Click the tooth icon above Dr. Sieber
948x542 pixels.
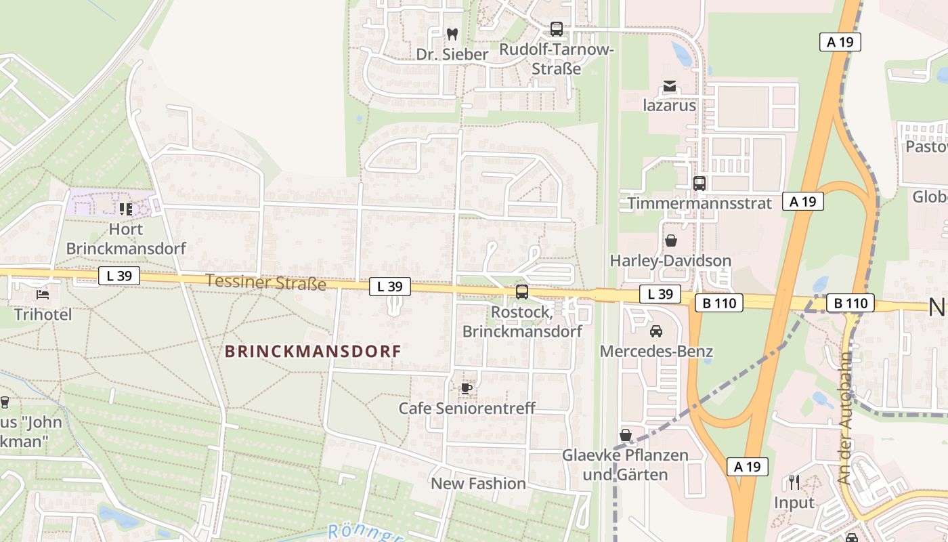coord(452,33)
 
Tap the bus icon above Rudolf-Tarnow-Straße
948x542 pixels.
coord(556,29)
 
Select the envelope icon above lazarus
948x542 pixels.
coord(670,86)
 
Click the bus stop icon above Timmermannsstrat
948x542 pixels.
coord(699,183)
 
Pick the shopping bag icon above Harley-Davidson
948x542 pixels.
coord(670,241)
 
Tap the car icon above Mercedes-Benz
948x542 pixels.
coord(655,331)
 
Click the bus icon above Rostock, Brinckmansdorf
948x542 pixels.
coord(521,292)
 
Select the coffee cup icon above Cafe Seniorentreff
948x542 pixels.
coord(466,388)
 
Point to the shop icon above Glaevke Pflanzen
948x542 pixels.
coord(626,435)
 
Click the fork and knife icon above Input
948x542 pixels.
coord(794,482)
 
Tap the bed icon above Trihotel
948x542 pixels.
coord(42,295)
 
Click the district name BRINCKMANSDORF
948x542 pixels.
coord(313,352)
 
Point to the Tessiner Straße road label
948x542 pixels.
coord(265,282)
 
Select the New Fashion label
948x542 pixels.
coord(478,484)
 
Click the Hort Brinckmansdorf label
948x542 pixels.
coord(126,238)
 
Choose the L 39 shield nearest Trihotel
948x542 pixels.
coord(119,276)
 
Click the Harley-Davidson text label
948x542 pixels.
coord(670,261)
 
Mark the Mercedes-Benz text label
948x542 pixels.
coord(656,352)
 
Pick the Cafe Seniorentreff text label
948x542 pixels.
coord(467,409)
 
